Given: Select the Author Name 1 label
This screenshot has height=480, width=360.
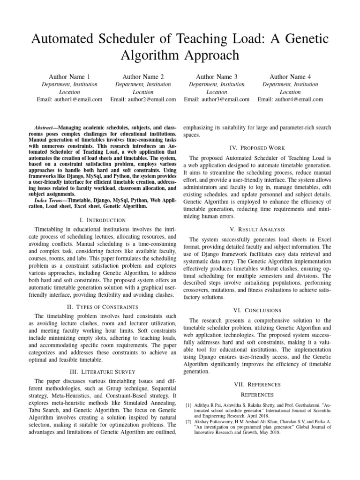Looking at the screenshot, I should click(69, 76).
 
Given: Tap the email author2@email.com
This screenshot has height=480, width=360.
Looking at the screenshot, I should click(143, 99).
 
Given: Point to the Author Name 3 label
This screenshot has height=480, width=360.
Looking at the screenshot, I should click(217, 76).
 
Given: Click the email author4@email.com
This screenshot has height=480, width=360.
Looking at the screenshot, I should click(290, 99).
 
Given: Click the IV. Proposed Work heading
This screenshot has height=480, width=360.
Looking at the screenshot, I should click(257, 148).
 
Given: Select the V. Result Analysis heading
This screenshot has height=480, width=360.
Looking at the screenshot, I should click(257, 229).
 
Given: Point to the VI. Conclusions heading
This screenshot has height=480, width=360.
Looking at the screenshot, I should click(257, 310).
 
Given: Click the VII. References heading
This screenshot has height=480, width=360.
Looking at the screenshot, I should click(257, 384).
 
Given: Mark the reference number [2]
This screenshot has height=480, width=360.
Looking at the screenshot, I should click(189, 422).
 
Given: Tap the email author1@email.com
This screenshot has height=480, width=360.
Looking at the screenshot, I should click(69, 99).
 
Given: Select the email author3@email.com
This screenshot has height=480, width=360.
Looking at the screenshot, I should click(217, 99).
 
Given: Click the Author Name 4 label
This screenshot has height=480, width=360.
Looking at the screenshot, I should click(290, 76).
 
